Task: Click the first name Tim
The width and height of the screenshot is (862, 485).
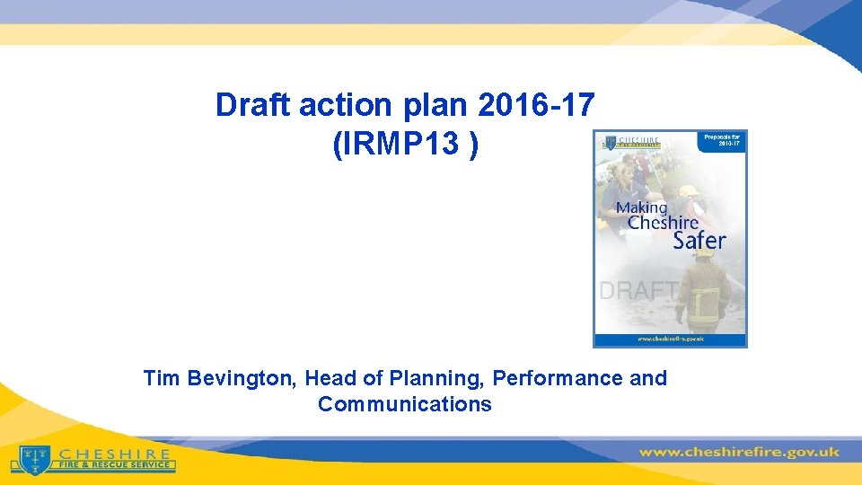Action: tap(162, 378)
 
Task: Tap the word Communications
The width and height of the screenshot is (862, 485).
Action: tap(405, 404)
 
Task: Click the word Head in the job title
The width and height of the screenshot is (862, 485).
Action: tap(330, 378)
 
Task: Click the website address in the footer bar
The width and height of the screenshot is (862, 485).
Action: tap(739, 452)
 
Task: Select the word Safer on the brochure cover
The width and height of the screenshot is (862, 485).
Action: tap(699, 240)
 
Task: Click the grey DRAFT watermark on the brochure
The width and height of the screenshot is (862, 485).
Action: tap(638, 290)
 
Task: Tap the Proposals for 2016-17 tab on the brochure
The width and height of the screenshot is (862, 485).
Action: tap(721, 143)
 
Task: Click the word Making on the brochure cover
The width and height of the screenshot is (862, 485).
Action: tap(641, 208)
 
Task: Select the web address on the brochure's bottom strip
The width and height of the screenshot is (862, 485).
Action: tap(670, 339)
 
